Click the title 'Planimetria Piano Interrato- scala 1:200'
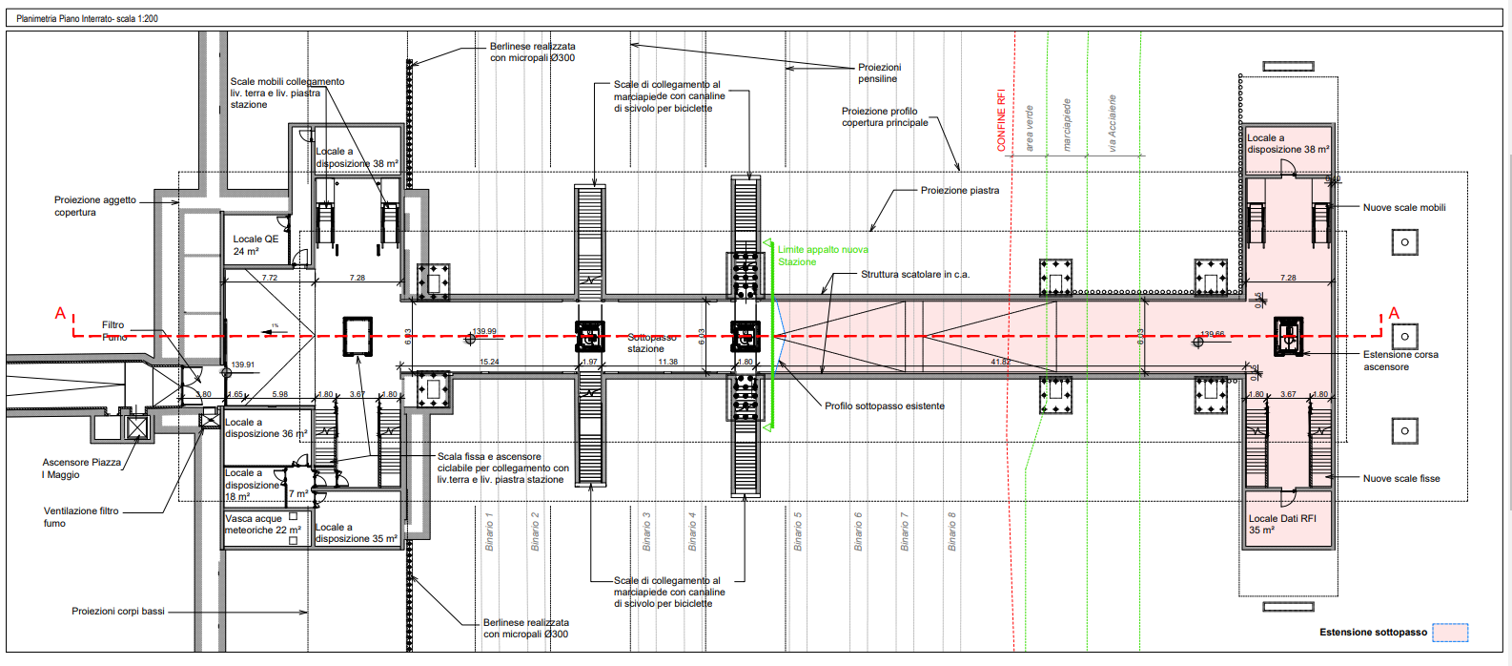point(88,18)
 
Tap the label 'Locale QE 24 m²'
point(255,245)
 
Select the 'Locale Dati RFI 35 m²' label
point(1282,524)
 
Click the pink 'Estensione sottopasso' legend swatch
point(1450,633)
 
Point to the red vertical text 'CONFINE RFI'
point(1001,120)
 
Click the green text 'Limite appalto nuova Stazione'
point(822,256)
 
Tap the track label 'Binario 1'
point(489,531)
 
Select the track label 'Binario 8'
point(951,531)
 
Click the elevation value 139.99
point(484,331)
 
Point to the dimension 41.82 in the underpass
point(1000,362)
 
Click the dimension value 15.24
point(489,362)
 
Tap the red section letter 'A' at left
point(60,313)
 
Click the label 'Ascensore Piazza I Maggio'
point(81,468)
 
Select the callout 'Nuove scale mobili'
point(1403,207)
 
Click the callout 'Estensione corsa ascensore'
point(1400,361)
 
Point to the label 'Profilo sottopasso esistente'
point(884,406)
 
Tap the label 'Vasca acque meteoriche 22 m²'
point(262,524)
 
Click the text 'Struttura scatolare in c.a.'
point(914,275)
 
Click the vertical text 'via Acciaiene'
point(1112,123)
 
